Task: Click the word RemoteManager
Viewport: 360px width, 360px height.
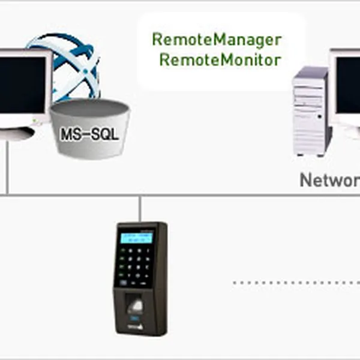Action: click(216, 40)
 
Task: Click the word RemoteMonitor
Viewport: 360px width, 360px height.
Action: click(220, 60)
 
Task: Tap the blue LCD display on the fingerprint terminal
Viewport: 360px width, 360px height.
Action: click(136, 238)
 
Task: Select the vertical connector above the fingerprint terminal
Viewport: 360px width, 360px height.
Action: click(140, 208)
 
